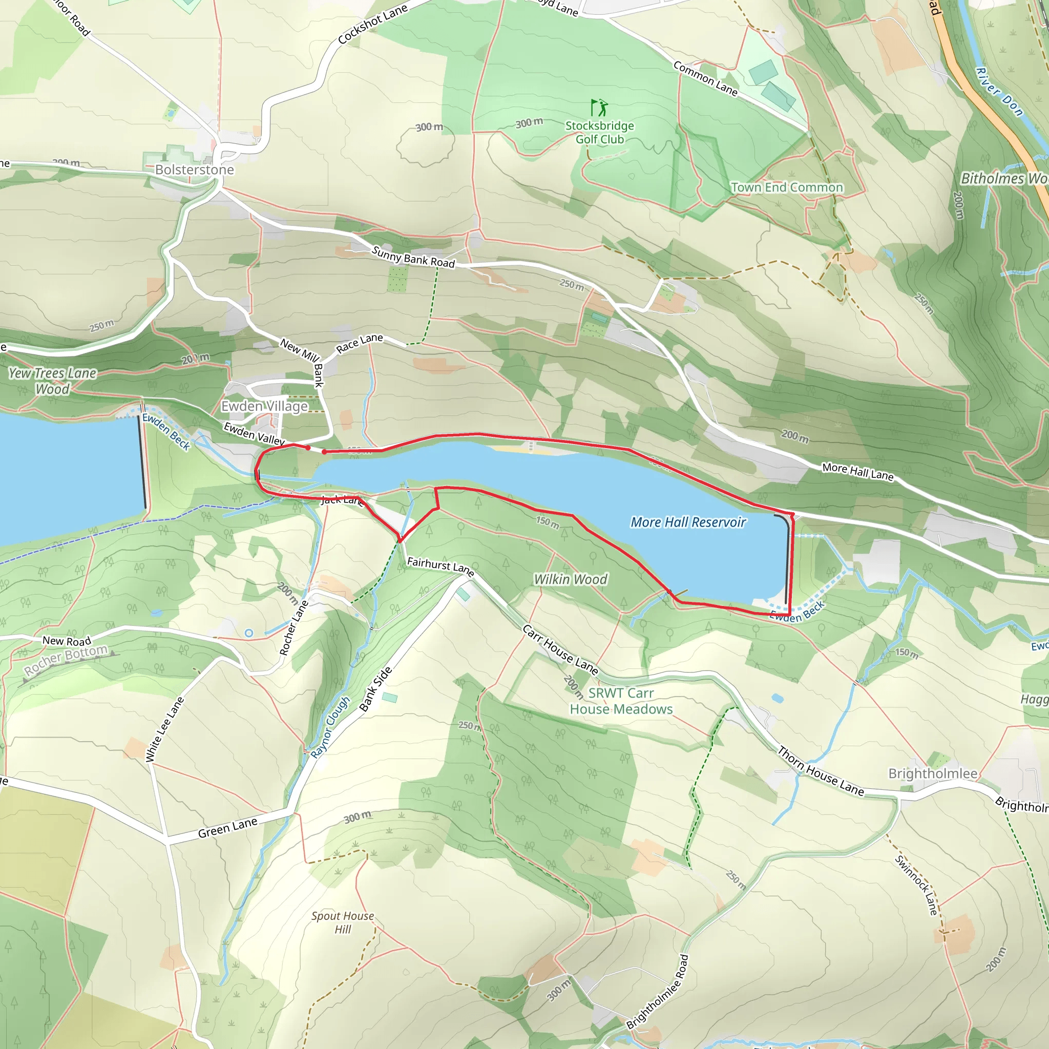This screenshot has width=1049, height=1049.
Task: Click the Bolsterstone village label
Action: (194, 170)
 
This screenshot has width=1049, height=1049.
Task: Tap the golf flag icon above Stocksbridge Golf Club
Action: (599, 108)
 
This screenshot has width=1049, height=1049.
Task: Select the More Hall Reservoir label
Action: (688, 522)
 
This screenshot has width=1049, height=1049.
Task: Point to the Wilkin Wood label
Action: (570, 579)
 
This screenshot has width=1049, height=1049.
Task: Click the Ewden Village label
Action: (264, 406)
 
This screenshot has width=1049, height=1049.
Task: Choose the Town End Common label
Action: (787, 187)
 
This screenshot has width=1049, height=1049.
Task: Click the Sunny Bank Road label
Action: (413, 257)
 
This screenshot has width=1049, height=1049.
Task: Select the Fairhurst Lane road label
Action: (440, 567)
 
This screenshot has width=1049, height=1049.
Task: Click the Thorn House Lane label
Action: (821, 771)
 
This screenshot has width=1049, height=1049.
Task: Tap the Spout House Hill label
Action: (343, 922)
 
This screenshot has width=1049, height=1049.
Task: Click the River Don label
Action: (999, 92)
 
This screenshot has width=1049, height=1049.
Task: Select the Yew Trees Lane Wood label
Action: (52, 381)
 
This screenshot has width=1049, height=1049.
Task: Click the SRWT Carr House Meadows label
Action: (621, 701)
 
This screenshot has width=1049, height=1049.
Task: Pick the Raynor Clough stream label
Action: (330, 727)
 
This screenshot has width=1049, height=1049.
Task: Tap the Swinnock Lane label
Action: (916, 885)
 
